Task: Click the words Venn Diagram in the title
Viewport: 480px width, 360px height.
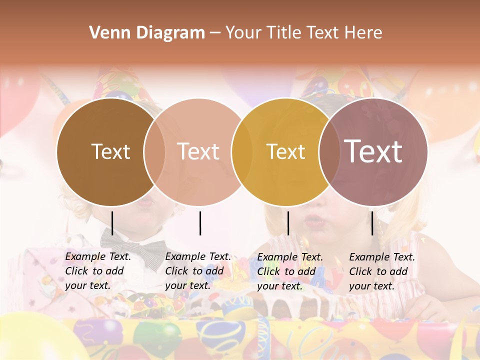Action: point(147,33)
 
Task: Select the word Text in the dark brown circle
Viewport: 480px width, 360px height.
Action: point(110,151)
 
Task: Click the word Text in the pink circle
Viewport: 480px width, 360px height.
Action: point(198,151)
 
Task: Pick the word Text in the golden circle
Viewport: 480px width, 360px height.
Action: point(285,151)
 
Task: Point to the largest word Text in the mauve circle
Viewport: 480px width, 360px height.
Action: point(373,151)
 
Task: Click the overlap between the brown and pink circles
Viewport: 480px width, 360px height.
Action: point(154,151)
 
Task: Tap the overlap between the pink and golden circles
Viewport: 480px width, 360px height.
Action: point(242,151)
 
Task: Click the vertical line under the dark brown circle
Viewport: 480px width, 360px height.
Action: point(112,223)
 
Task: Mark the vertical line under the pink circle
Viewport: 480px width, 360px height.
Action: point(200,223)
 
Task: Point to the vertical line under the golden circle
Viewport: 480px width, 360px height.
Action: point(288,223)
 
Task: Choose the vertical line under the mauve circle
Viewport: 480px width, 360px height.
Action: point(372,223)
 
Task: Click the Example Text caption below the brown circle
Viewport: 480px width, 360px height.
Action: point(97,271)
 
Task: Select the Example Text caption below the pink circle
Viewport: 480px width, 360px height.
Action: point(197,271)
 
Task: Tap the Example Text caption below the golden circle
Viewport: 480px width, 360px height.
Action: point(289,271)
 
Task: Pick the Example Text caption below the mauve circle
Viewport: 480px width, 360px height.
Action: point(381,271)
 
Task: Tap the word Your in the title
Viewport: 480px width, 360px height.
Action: point(243,33)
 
